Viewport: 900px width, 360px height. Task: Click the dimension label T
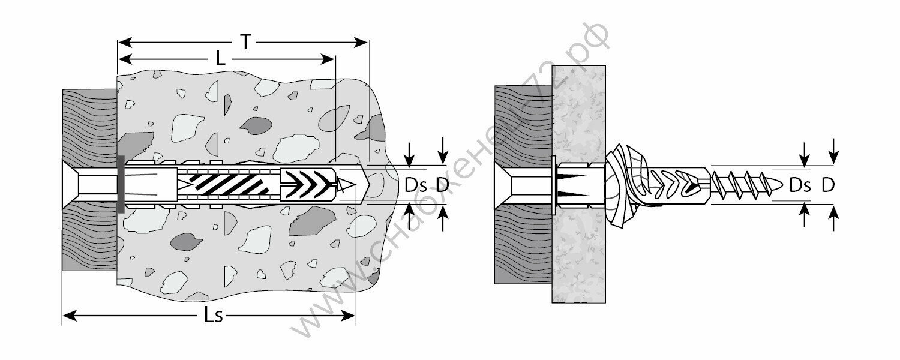[245, 41]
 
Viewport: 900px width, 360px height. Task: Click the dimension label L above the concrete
[221, 58]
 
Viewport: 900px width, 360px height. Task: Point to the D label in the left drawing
[443, 185]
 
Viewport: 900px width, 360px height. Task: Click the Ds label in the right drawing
[800, 185]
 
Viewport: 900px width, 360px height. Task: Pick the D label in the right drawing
[828, 185]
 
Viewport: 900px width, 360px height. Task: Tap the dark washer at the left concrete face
[121, 185]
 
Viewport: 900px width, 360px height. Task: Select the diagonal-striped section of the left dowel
[231, 185]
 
